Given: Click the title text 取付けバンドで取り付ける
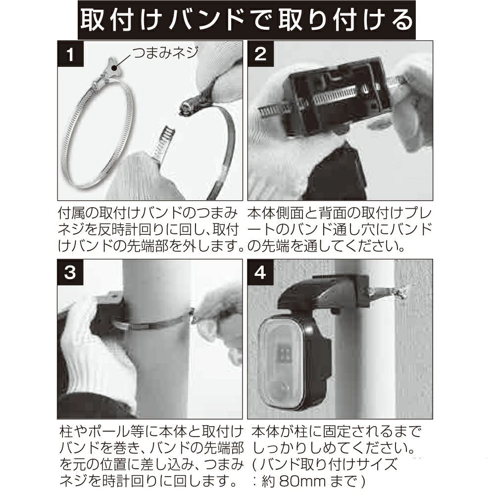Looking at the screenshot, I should tap(247, 20).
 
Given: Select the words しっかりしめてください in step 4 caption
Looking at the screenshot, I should tap(332, 448).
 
